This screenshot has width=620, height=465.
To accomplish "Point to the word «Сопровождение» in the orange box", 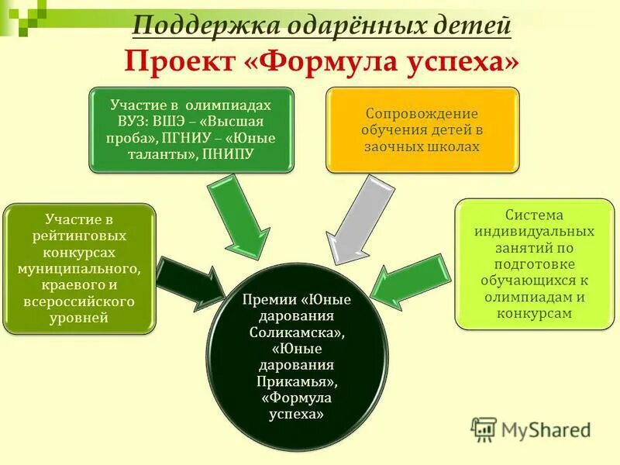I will (x=422, y=113).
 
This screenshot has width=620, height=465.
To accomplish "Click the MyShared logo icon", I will (x=484, y=429).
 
